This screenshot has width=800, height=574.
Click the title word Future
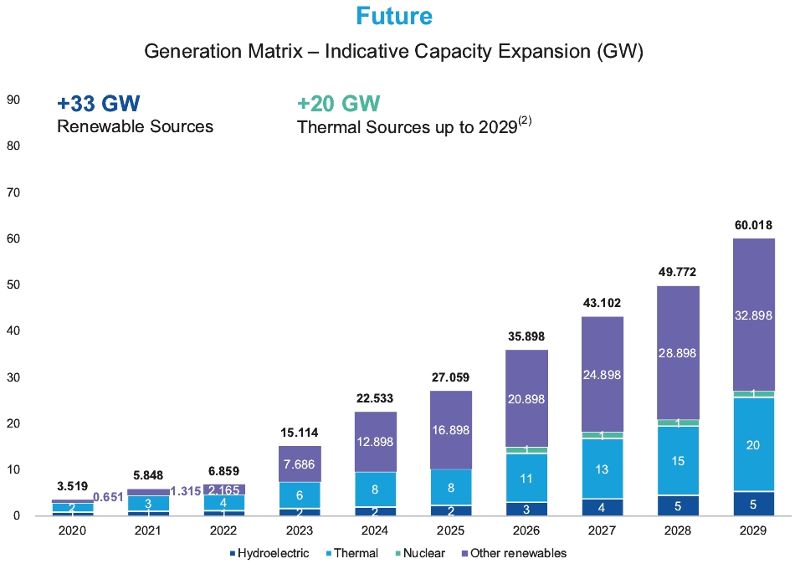[393, 16]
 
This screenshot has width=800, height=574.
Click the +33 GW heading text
[98, 104]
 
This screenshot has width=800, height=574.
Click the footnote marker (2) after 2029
[525, 120]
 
